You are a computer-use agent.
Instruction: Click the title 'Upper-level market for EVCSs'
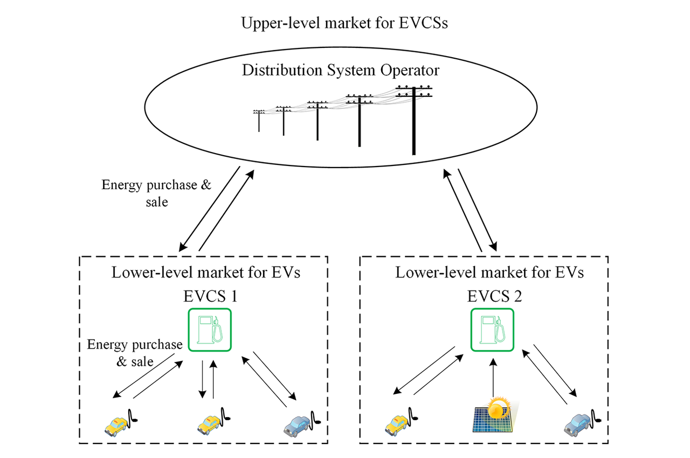[x=344, y=24]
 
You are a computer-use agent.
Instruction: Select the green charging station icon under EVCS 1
[x=210, y=330]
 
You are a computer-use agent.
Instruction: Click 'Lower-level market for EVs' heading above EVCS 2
[x=489, y=272]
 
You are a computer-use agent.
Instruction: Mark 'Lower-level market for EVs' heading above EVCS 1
[x=206, y=272]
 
